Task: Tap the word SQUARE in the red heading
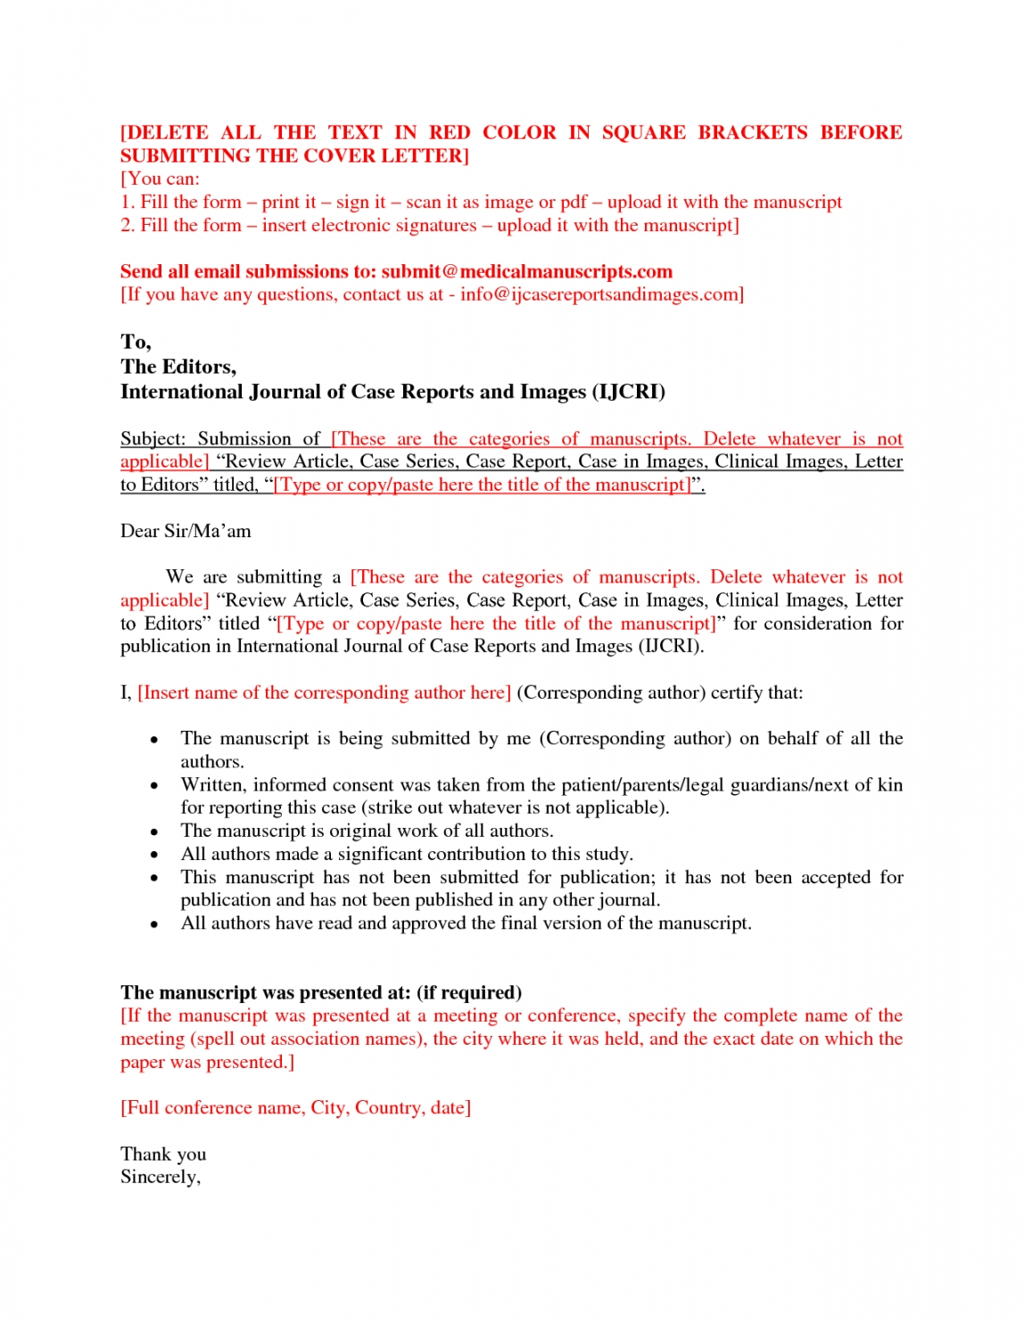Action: pyautogui.click(x=643, y=132)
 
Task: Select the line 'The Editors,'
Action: pyautogui.click(x=178, y=367)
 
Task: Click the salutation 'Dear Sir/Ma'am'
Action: pyautogui.click(x=186, y=531)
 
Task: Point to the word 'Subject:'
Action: pyautogui.click(x=153, y=438)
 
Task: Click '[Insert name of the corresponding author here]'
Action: pyautogui.click(x=324, y=692)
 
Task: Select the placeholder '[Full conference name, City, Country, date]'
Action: pyautogui.click(x=295, y=1107)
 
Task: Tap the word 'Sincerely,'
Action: pyautogui.click(x=161, y=1177)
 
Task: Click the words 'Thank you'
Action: pyautogui.click(x=163, y=1154)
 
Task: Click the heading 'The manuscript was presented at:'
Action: pyautogui.click(x=266, y=992)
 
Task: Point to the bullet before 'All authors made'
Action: pyautogui.click(x=154, y=855)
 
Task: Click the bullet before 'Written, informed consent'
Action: pyautogui.click(x=154, y=786)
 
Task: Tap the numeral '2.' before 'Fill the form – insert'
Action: pyautogui.click(x=128, y=225)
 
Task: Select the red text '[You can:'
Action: pyautogui.click(x=160, y=178)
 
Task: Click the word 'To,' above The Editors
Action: pyautogui.click(x=136, y=342)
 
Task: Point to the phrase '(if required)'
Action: pyautogui.click(x=469, y=992)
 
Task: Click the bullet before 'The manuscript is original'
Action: pyautogui.click(x=154, y=832)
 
